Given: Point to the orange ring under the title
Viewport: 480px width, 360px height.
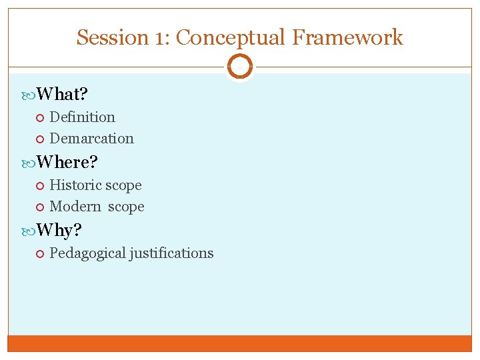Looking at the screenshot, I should point(240,67).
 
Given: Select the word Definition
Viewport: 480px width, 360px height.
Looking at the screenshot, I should point(82,117).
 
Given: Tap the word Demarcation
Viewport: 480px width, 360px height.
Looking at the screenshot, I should point(91,139).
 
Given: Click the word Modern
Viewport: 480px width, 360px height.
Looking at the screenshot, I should point(75,207).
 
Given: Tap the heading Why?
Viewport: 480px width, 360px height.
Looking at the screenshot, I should point(59,231).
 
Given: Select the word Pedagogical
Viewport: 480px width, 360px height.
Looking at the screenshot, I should point(87,253).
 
